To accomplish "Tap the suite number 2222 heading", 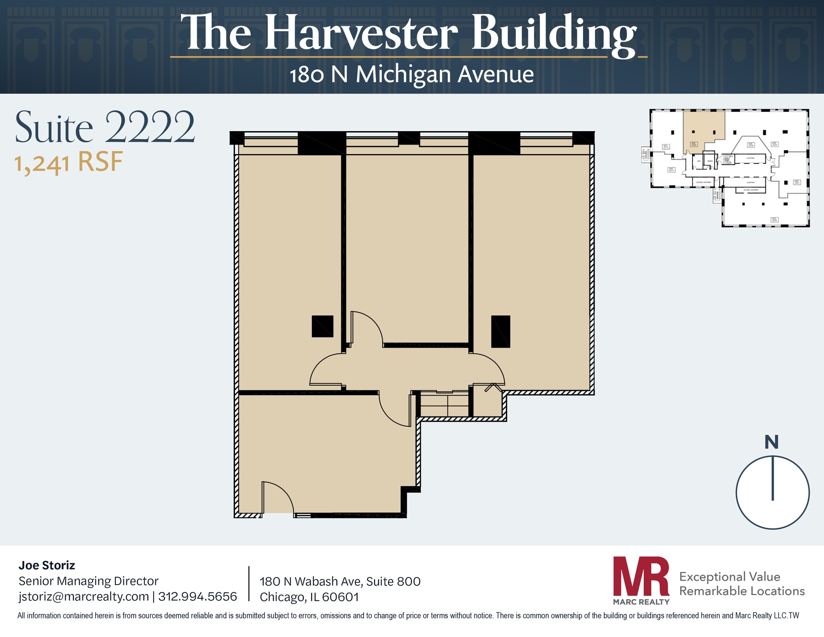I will pos(149,128).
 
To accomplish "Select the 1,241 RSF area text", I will pos(68,163).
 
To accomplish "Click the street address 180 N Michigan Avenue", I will pos(412,75).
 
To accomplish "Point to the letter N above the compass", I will pos(771,442).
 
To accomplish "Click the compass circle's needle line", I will pos(772,478).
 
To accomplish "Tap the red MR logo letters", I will pos(641,576).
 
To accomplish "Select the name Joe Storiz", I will pos(47,565).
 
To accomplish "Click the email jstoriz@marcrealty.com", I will pos(84,596).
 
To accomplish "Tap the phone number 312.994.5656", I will pos(198,596).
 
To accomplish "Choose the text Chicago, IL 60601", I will pos(309,597).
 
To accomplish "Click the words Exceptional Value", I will pos(729,577).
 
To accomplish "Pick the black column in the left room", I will pos(322,326).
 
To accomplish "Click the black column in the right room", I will pos(501,331).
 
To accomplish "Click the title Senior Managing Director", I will pos(89,581).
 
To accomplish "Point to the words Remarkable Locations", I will pos(742,591).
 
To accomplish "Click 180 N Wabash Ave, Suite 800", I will pos(340,581).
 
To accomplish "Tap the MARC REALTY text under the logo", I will pos(641,602).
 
